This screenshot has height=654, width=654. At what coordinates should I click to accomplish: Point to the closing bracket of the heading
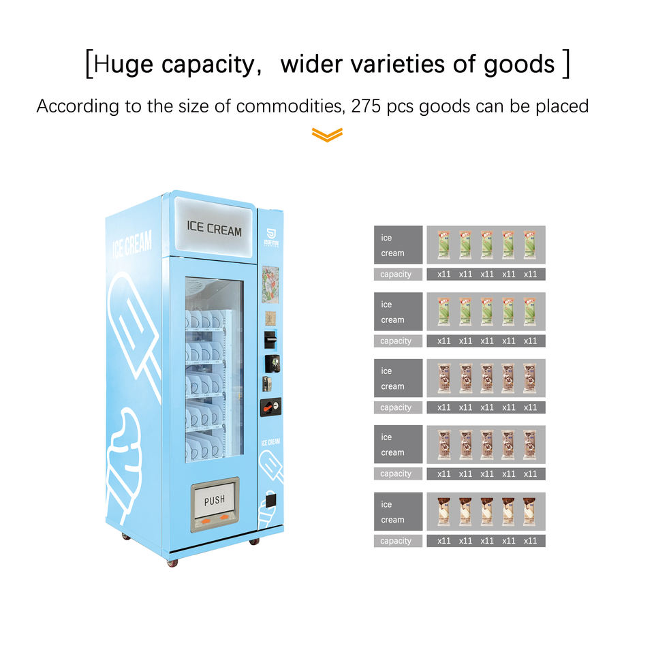pos(565,64)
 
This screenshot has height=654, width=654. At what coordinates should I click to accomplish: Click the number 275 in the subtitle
pos(369,106)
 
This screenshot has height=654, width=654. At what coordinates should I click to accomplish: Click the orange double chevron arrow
pos(327,135)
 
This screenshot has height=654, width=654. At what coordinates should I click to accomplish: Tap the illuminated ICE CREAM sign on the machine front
pos(214,230)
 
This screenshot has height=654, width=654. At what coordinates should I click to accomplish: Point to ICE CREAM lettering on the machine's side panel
pos(132,243)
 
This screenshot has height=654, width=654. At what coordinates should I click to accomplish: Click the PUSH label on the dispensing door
pos(215,501)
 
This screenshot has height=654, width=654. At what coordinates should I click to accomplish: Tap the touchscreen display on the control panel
pos(270,284)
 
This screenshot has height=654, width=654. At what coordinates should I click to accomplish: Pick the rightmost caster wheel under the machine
pos(254,541)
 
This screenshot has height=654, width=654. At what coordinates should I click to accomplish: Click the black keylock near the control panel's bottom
pos(270,501)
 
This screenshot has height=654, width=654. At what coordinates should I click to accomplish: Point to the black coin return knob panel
pos(270,407)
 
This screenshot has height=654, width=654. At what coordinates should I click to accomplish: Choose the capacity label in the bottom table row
pos(396,541)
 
